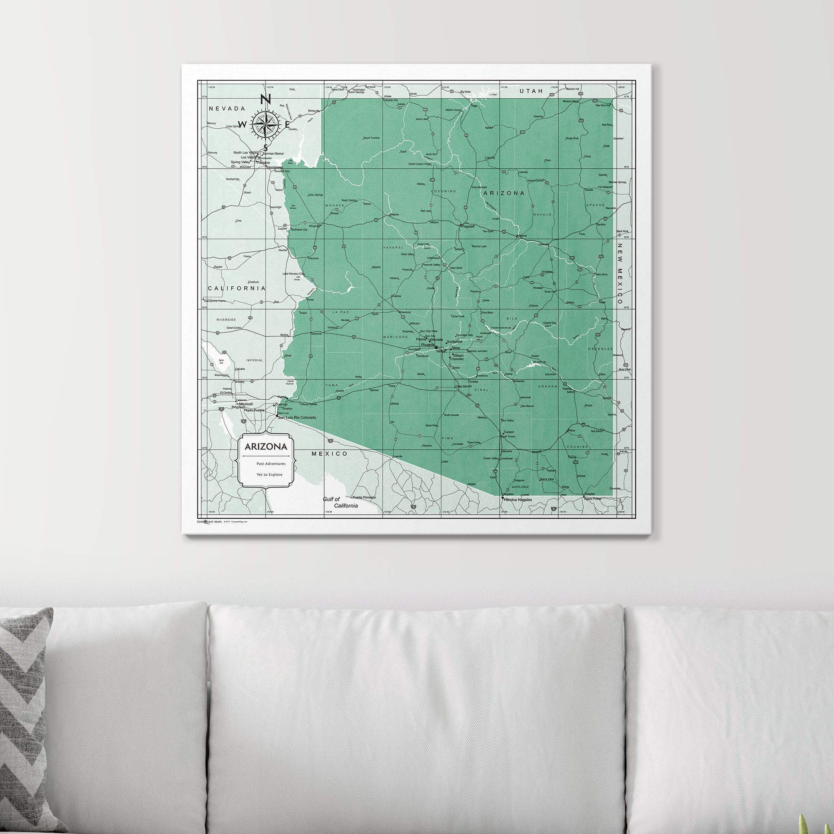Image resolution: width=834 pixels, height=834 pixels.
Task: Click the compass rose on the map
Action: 265,125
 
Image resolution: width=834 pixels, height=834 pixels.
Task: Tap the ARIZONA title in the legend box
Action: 266,446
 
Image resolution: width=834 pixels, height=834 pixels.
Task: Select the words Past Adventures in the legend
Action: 271,463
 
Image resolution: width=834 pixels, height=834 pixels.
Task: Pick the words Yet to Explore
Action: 269,474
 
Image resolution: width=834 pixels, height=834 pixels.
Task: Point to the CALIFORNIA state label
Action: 237,288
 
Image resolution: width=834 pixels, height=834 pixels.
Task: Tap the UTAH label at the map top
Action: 531,92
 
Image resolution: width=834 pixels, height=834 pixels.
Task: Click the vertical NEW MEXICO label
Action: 619,274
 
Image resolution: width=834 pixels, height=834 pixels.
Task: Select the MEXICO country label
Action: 330,454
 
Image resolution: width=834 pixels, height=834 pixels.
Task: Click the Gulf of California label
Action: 340,503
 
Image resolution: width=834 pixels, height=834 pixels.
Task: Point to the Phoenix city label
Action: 427,345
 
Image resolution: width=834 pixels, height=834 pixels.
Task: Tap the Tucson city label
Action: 509,432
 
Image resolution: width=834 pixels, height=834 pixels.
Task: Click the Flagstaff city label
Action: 468,226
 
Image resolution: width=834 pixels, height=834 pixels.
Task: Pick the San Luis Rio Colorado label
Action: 297,417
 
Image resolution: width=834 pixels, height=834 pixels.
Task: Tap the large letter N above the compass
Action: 266,100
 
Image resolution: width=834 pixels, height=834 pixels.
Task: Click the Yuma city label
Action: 281,397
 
